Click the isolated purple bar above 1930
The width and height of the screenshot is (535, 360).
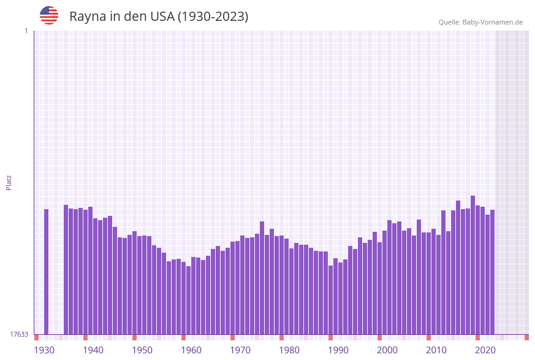pyautogui.click(x=46, y=271)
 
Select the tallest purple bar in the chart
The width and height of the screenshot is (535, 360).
pyautogui.click(x=472, y=264)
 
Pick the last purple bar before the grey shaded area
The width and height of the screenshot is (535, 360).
pyautogui.click(x=492, y=272)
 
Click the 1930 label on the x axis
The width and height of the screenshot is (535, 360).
pyautogui.click(x=44, y=350)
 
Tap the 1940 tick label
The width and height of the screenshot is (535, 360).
pyautogui.click(x=93, y=350)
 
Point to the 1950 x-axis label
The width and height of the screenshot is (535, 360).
pyautogui.click(x=142, y=350)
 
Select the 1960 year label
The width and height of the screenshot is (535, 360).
pyautogui.click(x=191, y=350)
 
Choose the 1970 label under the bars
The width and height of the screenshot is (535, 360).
pyautogui.click(x=240, y=350)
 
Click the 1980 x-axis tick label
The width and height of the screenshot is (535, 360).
pyautogui.click(x=289, y=350)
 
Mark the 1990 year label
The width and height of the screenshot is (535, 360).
pyautogui.click(x=338, y=350)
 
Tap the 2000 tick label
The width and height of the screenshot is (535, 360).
pyautogui.click(x=387, y=350)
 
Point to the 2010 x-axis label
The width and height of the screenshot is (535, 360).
pyautogui.click(x=436, y=350)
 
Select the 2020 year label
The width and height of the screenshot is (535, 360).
pyautogui.click(x=485, y=350)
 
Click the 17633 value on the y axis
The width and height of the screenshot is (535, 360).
pyautogui.click(x=19, y=334)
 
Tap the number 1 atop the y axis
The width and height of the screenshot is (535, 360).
pyautogui.click(x=26, y=31)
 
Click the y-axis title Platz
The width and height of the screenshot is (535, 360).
pyautogui.click(x=9, y=182)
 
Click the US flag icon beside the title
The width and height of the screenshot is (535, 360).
pyautogui.click(x=49, y=15)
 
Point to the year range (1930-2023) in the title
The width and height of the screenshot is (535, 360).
pyautogui.click(x=213, y=17)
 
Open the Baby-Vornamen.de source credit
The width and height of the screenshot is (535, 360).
pyautogui.click(x=480, y=22)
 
